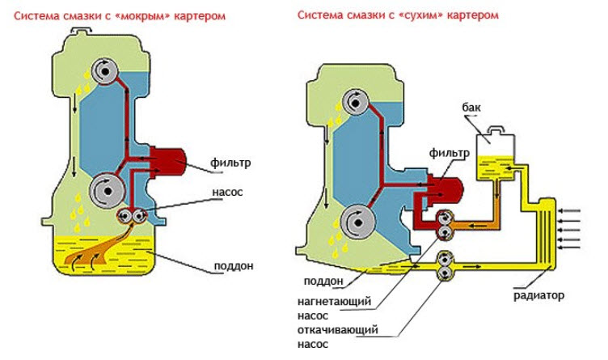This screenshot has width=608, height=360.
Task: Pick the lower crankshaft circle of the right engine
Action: pyautogui.click(x=357, y=221)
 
